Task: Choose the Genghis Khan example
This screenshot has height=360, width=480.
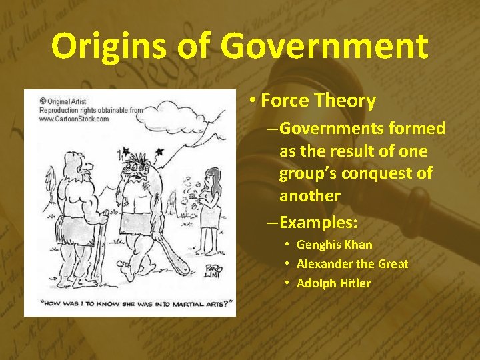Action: (334, 245)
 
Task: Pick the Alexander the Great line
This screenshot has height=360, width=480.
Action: (352, 264)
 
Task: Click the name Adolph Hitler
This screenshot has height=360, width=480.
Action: (333, 283)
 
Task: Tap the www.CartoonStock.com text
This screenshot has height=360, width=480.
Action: (74, 119)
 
